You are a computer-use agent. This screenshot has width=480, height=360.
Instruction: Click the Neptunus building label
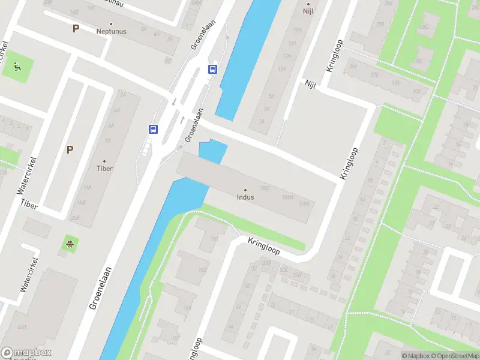pyautogui.click(x=110, y=31)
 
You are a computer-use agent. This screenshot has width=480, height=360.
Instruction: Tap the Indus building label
pyautogui.click(x=245, y=197)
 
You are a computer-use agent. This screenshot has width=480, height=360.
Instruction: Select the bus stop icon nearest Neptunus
pyautogui.click(x=212, y=69)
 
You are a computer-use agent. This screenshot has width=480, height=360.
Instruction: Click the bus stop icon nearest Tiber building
pyautogui.click(x=154, y=129)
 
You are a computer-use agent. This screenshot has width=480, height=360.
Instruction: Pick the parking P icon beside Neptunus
pyautogui.click(x=76, y=28)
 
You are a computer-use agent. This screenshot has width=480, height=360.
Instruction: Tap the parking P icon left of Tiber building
pyautogui.click(x=70, y=150)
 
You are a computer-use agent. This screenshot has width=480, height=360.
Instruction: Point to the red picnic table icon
pyautogui.click(x=70, y=244)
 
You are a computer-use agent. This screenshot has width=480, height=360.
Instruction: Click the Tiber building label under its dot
pyautogui.click(x=104, y=169)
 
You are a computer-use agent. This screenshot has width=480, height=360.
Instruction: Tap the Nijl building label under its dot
pyautogui.click(x=308, y=11)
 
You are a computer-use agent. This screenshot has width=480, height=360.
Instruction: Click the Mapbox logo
pyautogui.click(x=26, y=353)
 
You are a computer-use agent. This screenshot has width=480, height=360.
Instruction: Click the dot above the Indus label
pyautogui.click(x=245, y=190)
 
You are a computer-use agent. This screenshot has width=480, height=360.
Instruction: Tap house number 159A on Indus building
pyautogui.click(x=304, y=203)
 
